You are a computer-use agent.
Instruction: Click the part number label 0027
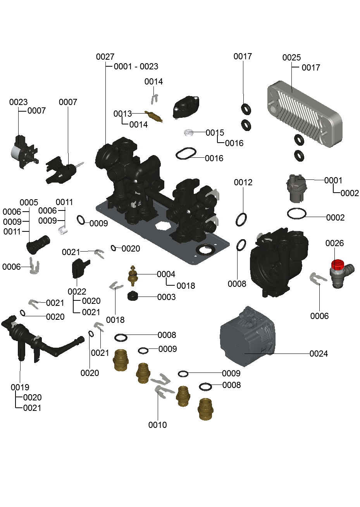(105, 57)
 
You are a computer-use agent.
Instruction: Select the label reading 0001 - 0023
(136, 67)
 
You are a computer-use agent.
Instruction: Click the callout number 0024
(319, 354)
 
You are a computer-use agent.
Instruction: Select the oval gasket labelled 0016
(186, 154)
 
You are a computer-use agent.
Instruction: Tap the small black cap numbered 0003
(133, 296)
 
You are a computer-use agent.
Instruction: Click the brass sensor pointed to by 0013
(154, 116)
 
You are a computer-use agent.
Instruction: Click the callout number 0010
(157, 425)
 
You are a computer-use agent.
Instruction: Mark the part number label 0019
(20, 387)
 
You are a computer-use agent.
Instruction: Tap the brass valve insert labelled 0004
(133, 276)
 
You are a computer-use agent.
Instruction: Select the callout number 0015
(215, 133)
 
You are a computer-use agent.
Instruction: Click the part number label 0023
(18, 102)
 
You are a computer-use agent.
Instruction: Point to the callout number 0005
(29, 202)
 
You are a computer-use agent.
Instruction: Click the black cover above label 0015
(186, 107)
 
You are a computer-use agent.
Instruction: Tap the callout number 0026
(334, 243)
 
